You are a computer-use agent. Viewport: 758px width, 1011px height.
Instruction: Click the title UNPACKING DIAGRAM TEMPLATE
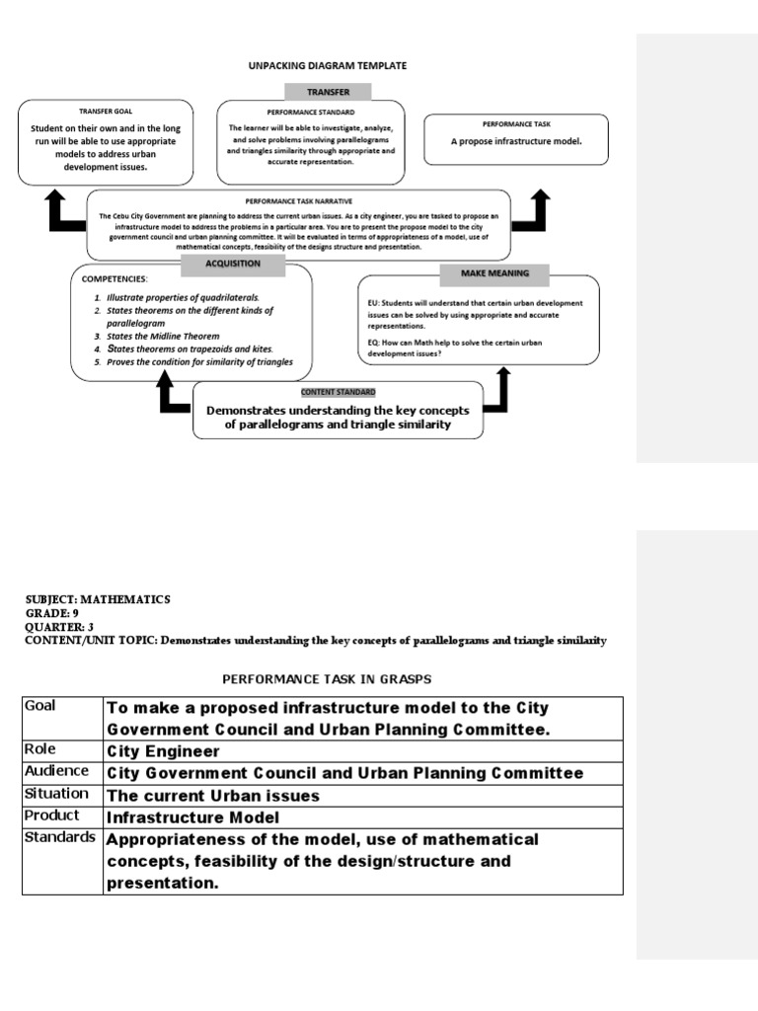(x=327, y=65)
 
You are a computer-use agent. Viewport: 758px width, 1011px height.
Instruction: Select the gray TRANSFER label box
(x=327, y=92)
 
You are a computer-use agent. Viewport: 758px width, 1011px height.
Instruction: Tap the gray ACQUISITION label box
(x=233, y=264)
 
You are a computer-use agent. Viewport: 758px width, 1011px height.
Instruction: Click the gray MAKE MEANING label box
(x=494, y=272)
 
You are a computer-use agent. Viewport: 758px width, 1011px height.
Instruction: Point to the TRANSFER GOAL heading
(x=104, y=112)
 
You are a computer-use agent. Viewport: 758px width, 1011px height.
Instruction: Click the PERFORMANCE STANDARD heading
(x=311, y=113)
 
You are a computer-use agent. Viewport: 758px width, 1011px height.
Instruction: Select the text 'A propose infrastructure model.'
(x=516, y=141)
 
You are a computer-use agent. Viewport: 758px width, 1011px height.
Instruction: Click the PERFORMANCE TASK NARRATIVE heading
(x=299, y=200)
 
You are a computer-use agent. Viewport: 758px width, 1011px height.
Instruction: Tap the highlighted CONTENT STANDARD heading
(x=339, y=392)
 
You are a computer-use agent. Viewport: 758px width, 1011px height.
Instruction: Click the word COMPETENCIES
(x=114, y=279)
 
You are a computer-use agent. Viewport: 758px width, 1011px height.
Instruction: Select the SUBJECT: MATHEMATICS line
(x=98, y=599)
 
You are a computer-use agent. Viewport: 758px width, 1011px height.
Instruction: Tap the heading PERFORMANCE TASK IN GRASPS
(x=327, y=678)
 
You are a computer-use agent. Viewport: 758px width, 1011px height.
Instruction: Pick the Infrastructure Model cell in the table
(x=192, y=817)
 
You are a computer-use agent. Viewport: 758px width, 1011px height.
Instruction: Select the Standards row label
(x=61, y=837)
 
